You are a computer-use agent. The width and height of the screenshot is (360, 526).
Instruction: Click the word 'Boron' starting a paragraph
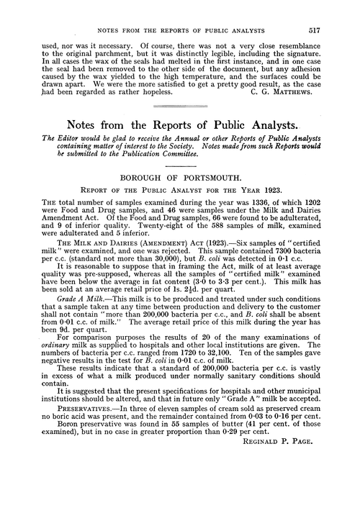pyautogui.click(x=66, y=476)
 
